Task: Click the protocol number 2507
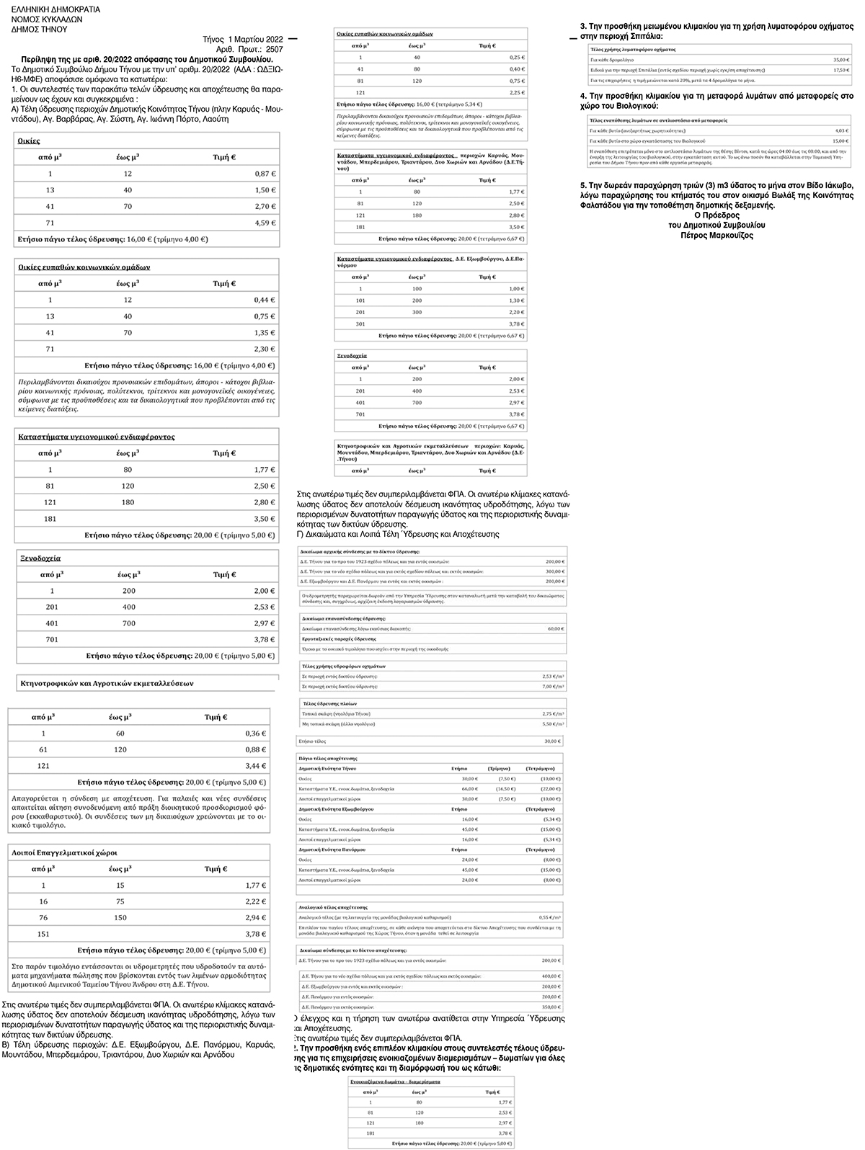[x=274, y=49]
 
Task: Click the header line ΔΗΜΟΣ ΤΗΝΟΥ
[x=40, y=30]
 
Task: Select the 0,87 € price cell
[x=265, y=174]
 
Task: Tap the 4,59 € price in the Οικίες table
[x=265, y=223]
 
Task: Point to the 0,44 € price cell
[x=265, y=300]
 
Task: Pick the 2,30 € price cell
[x=265, y=349]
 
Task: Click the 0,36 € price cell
[x=255, y=734]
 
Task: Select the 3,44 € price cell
[x=255, y=766]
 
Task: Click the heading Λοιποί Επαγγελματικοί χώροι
[x=64, y=852]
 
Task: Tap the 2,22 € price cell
[x=255, y=901]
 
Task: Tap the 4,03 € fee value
[x=840, y=130]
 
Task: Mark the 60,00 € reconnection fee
[x=554, y=629]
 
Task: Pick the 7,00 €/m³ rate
[x=553, y=687]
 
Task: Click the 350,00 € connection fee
[x=551, y=1007]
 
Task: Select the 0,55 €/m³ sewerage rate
[x=550, y=917]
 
